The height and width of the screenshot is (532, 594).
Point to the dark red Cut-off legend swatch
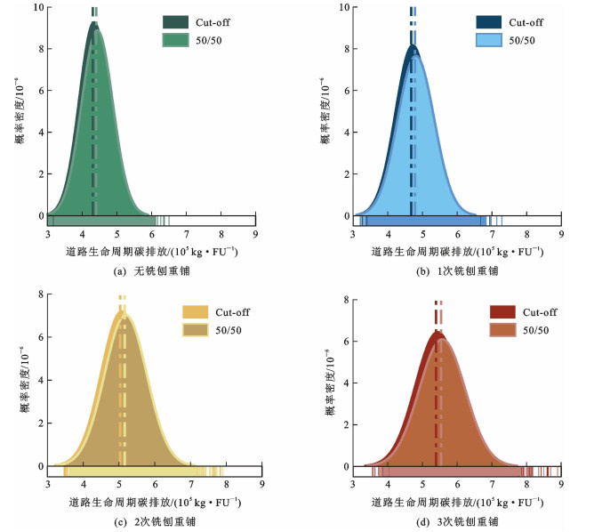[504, 312]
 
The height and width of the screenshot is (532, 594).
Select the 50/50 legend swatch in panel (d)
[504, 330]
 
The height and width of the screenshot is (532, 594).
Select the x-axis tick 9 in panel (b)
[560, 235]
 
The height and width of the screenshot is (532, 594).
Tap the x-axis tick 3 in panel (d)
[354, 486]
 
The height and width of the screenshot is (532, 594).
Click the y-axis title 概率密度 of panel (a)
[20, 111]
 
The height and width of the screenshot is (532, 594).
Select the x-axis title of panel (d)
[456, 503]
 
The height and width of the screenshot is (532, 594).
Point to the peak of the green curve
[95, 25]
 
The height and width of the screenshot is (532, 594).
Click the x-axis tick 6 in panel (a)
[152, 235]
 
